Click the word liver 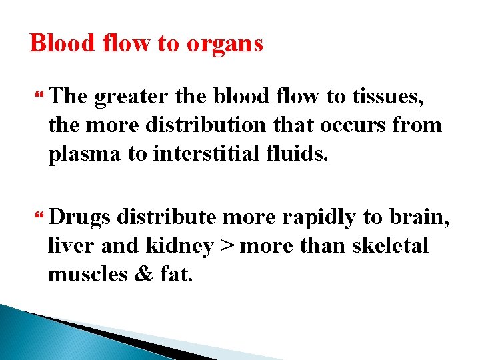(x=71, y=245)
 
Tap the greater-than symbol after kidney (x=227, y=246)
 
